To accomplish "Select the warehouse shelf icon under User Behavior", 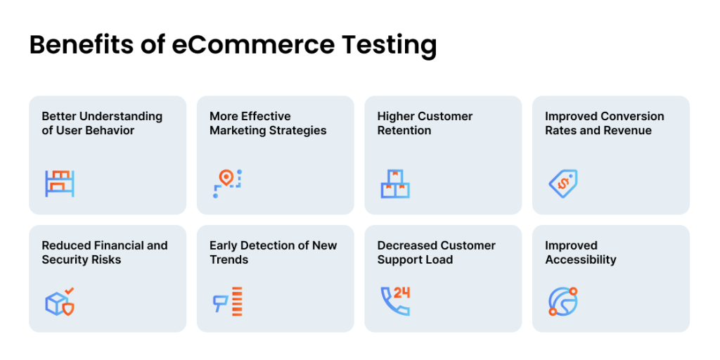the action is (x=60, y=184).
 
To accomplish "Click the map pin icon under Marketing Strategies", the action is (x=227, y=184).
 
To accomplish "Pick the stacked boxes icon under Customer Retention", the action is (x=395, y=184).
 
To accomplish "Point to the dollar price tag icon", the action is (x=563, y=184).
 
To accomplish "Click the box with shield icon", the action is (x=60, y=302).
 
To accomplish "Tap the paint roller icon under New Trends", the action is (x=227, y=302).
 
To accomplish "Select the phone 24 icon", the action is (x=395, y=302).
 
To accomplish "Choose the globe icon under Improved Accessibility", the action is (x=563, y=302).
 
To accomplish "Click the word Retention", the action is (x=404, y=130).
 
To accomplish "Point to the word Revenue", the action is (x=629, y=130).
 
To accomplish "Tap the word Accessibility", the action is (x=580, y=260).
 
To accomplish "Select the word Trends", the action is (x=229, y=260).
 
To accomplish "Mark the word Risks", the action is (x=108, y=260).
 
